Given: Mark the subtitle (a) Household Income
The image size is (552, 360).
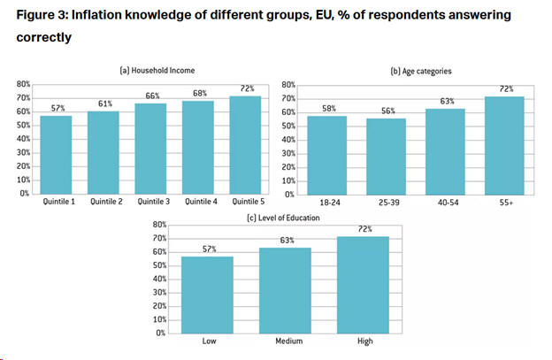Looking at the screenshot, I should (157, 70).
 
